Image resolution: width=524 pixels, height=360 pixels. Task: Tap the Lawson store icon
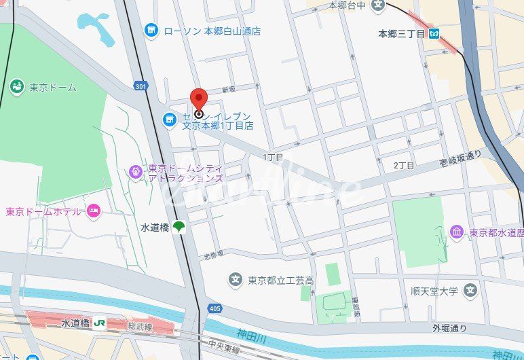pyautogui.click(x=151, y=31)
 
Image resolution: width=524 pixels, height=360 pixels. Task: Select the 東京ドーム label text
pyautogui.click(x=52, y=87)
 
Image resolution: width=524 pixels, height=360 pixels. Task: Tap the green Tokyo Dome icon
pyautogui.click(x=16, y=86)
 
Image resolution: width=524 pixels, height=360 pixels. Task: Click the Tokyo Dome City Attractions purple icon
pyautogui.click(x=136, y=173)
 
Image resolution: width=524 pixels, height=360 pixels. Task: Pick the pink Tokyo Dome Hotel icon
pyautogui.click(x=94, y=211)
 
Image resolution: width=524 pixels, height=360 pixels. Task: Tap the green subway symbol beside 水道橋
pyautogui.click(x=179, y=228)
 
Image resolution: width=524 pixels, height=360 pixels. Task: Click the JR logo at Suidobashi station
pyautogui.click(x=100, y=323)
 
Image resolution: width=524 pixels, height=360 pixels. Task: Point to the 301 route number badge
pyautogui.click(x=141, y=86)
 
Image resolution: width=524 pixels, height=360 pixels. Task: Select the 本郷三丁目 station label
pyautogui.click(x=401, y=32)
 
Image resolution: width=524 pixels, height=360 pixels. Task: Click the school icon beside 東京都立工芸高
pyautogui.click(x=235, y=279)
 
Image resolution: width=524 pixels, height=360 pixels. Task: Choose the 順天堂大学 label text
pyautogui.click(x=434, y=291)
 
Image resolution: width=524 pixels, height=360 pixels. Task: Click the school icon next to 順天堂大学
pyautogui.click(x=470, y=291)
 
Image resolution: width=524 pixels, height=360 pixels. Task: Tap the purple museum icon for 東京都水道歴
pyautogui.click(x=456, y=232)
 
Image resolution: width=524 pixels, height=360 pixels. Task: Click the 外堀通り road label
pyautogui.click(x=451, y=329)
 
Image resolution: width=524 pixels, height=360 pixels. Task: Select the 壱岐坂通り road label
pyautogui.click(x=460, y=158)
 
